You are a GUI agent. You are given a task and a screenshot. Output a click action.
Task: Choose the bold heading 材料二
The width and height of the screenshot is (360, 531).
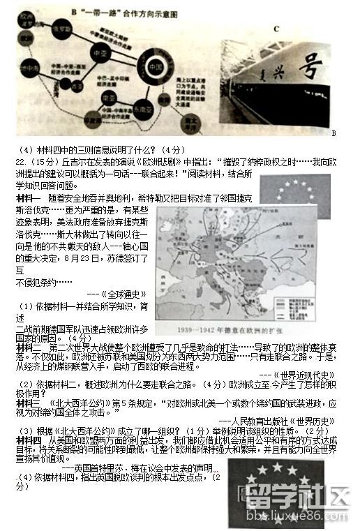pos(29,347)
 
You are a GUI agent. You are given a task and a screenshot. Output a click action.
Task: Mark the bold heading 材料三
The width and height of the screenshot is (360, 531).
pos(29,403)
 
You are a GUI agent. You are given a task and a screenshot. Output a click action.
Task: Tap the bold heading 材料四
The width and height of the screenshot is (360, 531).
pos(29,441)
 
